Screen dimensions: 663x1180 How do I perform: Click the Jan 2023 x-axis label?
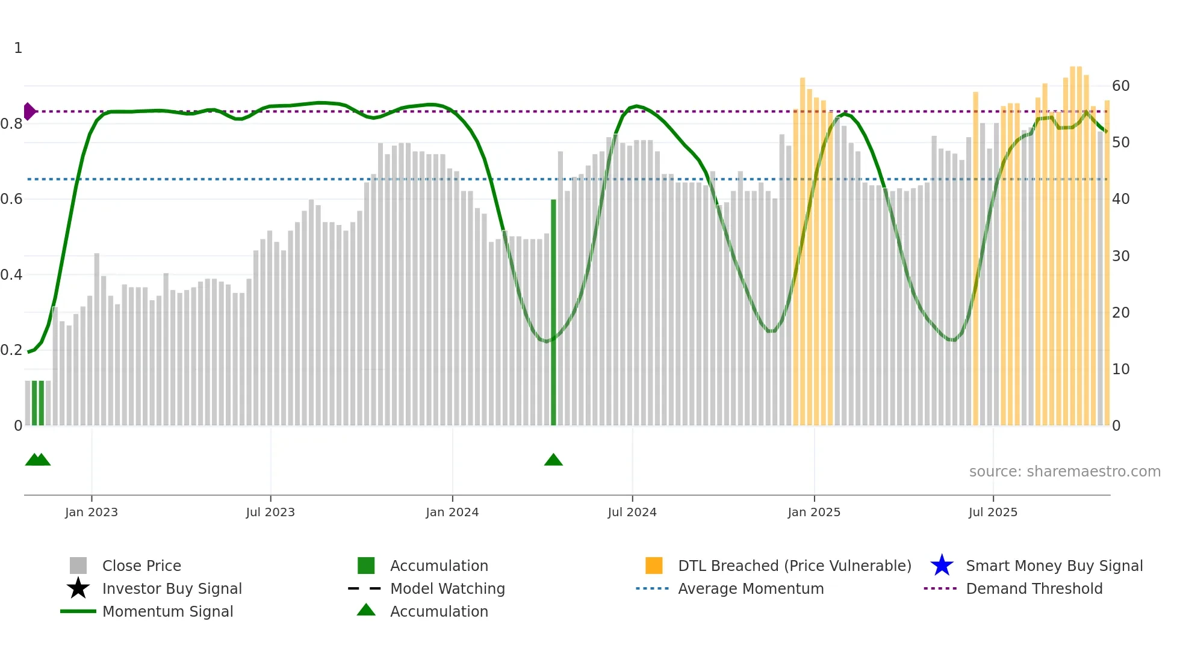[92, 513]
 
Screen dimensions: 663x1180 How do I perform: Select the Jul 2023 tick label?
[270, 513]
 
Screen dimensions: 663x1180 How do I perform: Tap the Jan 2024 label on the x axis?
[452, 513]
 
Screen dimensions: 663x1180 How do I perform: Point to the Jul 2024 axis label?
[632, 513]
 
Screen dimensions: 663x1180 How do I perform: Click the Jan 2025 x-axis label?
[814, 513]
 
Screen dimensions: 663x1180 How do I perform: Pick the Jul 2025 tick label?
[993, 513]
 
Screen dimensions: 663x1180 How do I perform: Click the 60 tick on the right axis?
[1120, 86]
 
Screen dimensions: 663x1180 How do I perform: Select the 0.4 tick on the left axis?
[11, 275]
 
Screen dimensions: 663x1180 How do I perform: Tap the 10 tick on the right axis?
[1120, 369]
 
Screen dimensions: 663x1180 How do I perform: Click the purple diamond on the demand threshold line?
[29, 111]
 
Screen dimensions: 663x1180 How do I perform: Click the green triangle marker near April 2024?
[553, 460]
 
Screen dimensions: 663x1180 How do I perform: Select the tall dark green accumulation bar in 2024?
[553, 313]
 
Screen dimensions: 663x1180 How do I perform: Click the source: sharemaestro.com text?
[1064, 472]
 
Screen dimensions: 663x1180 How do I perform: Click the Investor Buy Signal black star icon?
[78, 588]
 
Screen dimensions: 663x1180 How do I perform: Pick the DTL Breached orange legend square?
[654, 566]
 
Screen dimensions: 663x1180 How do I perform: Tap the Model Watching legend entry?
[447, 589]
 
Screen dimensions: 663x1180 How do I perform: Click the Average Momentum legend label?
[751, 589]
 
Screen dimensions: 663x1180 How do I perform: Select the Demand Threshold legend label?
[1034, 589]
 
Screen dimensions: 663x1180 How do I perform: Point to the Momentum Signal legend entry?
[167, 612]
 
